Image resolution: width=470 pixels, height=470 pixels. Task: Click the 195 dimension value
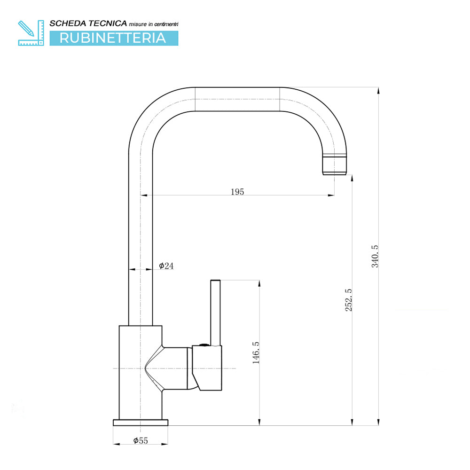click(237, 192)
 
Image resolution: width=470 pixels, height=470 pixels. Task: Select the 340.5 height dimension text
click(375, 256)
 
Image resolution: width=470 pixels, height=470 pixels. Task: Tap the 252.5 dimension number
click(349, 300)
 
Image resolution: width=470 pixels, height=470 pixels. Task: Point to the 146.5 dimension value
click(256, 353)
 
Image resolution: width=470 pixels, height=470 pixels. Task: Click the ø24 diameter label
click(166, 266)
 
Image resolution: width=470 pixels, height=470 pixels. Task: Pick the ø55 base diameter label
click(141, 441)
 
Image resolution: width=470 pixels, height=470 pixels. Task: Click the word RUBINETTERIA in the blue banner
click(113, 38)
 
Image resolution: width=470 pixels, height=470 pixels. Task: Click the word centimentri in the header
click(166, 24)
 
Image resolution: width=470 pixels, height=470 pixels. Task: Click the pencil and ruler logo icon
click(31, 33)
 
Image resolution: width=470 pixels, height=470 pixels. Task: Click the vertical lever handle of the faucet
click(216, 313)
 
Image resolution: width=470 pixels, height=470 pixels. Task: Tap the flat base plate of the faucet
click(141, 423)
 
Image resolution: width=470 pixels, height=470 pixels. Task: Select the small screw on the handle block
click(204, 345)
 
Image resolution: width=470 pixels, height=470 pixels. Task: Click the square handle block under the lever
click(207, 368)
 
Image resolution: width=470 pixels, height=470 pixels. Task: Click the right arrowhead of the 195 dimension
click(331, 196)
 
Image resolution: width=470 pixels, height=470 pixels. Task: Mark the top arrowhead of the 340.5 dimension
click(378, 91)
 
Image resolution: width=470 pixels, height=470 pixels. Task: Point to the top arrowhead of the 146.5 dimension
click(259, 284)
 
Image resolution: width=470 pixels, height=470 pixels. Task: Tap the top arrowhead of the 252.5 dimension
click(352, 178)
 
